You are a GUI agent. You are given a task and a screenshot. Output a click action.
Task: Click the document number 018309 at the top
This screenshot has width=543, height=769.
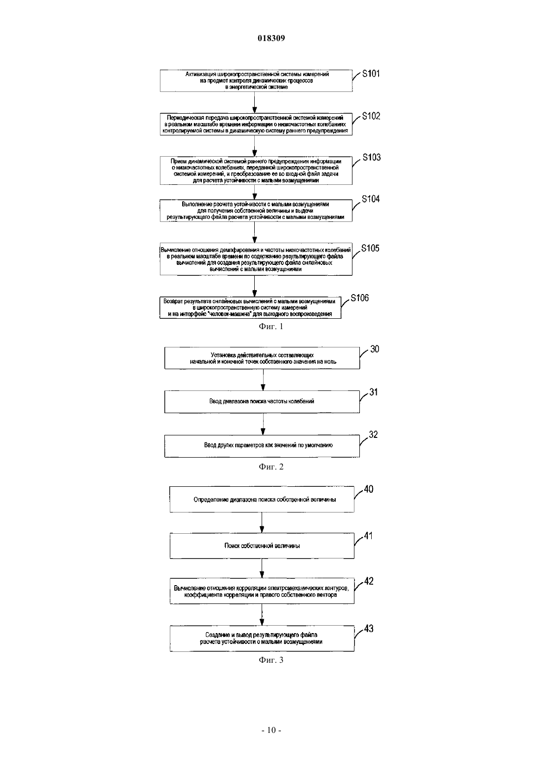[271, 38]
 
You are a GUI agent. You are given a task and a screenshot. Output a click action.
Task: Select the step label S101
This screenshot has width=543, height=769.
[371, 74]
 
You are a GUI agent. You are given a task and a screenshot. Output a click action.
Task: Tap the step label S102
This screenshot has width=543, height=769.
[371, 116]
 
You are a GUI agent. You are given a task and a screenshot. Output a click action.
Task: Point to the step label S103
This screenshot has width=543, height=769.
[372, 157]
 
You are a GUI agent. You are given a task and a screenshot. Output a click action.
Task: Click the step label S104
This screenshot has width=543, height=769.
[371, 199]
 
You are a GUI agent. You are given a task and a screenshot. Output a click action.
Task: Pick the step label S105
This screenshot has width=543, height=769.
[370, 248]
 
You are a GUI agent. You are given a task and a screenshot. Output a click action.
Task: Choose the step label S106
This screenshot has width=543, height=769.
[359, 298]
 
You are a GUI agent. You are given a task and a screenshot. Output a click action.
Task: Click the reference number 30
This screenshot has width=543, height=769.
[375, 349]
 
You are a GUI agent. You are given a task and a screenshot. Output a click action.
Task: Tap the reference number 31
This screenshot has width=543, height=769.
[374, 392]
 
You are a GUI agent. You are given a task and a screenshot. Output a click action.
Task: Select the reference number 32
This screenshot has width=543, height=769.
[373, 434]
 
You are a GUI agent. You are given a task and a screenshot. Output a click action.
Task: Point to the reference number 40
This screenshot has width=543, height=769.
[369, 489]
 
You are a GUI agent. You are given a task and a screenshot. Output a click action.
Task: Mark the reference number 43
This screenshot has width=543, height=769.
[369, 629]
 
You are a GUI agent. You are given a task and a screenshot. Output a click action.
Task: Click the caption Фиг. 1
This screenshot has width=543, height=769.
[271, 327]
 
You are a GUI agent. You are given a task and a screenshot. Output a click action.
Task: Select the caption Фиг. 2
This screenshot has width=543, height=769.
[271, 467]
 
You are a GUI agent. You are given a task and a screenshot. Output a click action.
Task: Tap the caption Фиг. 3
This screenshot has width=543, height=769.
[271, 660]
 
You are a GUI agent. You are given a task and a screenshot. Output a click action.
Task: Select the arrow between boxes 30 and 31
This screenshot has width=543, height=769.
[263, 380]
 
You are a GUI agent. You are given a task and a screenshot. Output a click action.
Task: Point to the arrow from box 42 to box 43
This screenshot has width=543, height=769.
[262, 615]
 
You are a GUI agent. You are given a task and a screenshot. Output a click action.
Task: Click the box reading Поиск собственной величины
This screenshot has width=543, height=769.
[262, 546]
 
